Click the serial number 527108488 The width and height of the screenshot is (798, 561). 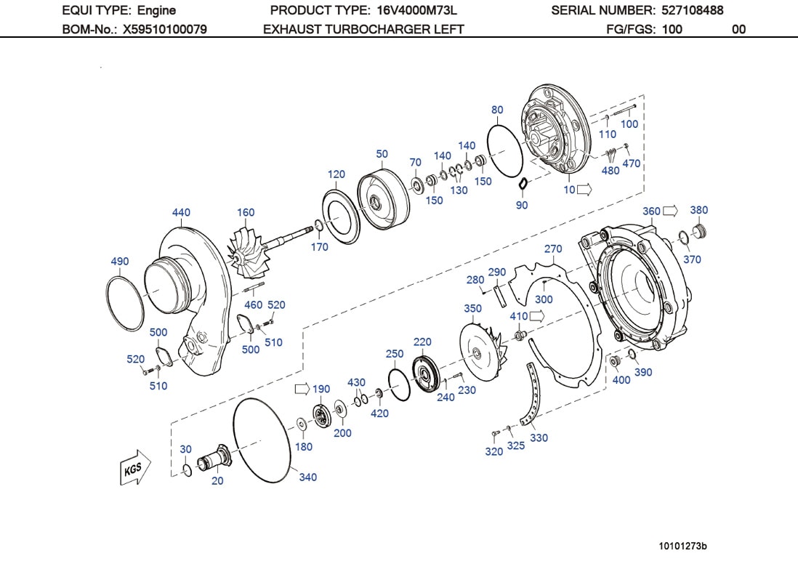point(692,10)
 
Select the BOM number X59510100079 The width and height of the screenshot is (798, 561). point(164,30)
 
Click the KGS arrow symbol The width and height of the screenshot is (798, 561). point(134,467)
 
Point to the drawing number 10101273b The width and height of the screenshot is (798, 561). point(682,545)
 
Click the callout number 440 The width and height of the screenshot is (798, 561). point(181,212)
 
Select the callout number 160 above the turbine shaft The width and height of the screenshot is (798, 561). point(246,213)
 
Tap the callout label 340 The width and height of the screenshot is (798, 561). point(308,477)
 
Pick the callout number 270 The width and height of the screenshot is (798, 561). point(553,249)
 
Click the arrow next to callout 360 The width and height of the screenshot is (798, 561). point(670,211)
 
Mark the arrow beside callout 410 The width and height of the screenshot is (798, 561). point(539,316)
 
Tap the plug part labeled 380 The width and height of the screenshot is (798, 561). point(701,232)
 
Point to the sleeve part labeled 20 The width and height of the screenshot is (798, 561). point(216,459)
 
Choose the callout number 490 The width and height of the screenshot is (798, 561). point(120,262)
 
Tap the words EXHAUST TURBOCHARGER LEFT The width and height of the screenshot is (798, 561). point(363,30)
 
